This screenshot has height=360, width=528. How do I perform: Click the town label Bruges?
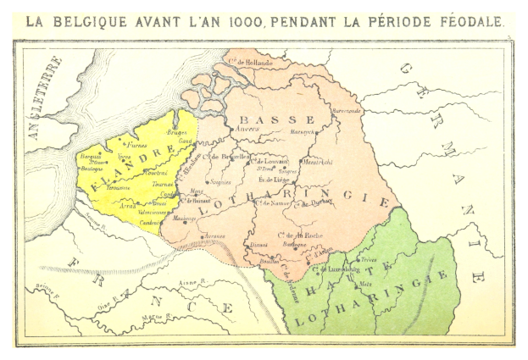click(177, 133)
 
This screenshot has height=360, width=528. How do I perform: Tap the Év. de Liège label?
click(275, 179)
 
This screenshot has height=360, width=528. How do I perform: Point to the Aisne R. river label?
click(193, 289)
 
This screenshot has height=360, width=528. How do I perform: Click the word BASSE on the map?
click(263, 119)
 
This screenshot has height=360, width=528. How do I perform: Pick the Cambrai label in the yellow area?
click(153, 219)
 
